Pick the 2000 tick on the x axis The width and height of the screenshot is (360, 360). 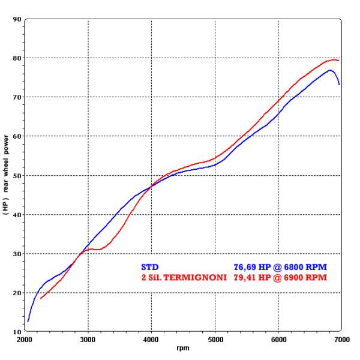pyautogui.click(x=25, y=340)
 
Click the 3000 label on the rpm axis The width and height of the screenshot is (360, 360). pyautogui.click(x=88, y=340)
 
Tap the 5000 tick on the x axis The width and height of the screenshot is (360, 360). pyautogui.click(x=215, y=340)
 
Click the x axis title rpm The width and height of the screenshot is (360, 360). pyautogui.click(x=182, y=348)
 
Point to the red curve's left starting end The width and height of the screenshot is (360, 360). pyautogui.click(x=41, y=298)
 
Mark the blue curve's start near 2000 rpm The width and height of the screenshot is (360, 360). pyautogui.click(x=28, y=322)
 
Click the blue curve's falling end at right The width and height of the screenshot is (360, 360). pyautogui.click(x=339, y=85)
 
